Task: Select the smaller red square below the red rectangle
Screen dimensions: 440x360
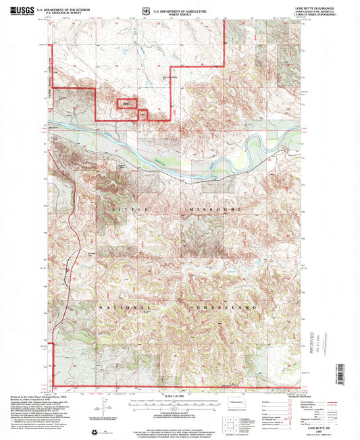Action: [143, 114]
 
